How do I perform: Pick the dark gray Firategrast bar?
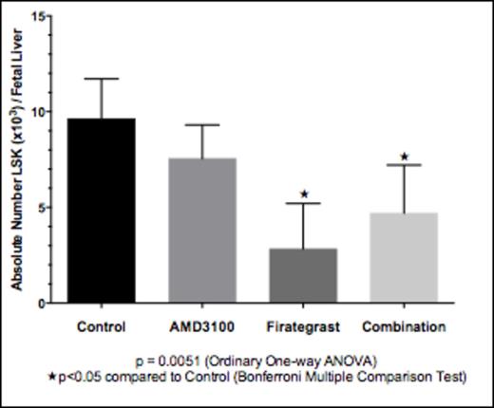[x=303, y=275]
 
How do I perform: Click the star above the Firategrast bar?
[x=304, y=195]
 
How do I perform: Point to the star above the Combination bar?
[x=405, y=157]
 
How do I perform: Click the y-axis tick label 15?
[x=41, y=15]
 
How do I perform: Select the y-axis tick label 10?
[x=41, y=112]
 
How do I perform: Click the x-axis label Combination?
[x=404, y=326]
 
